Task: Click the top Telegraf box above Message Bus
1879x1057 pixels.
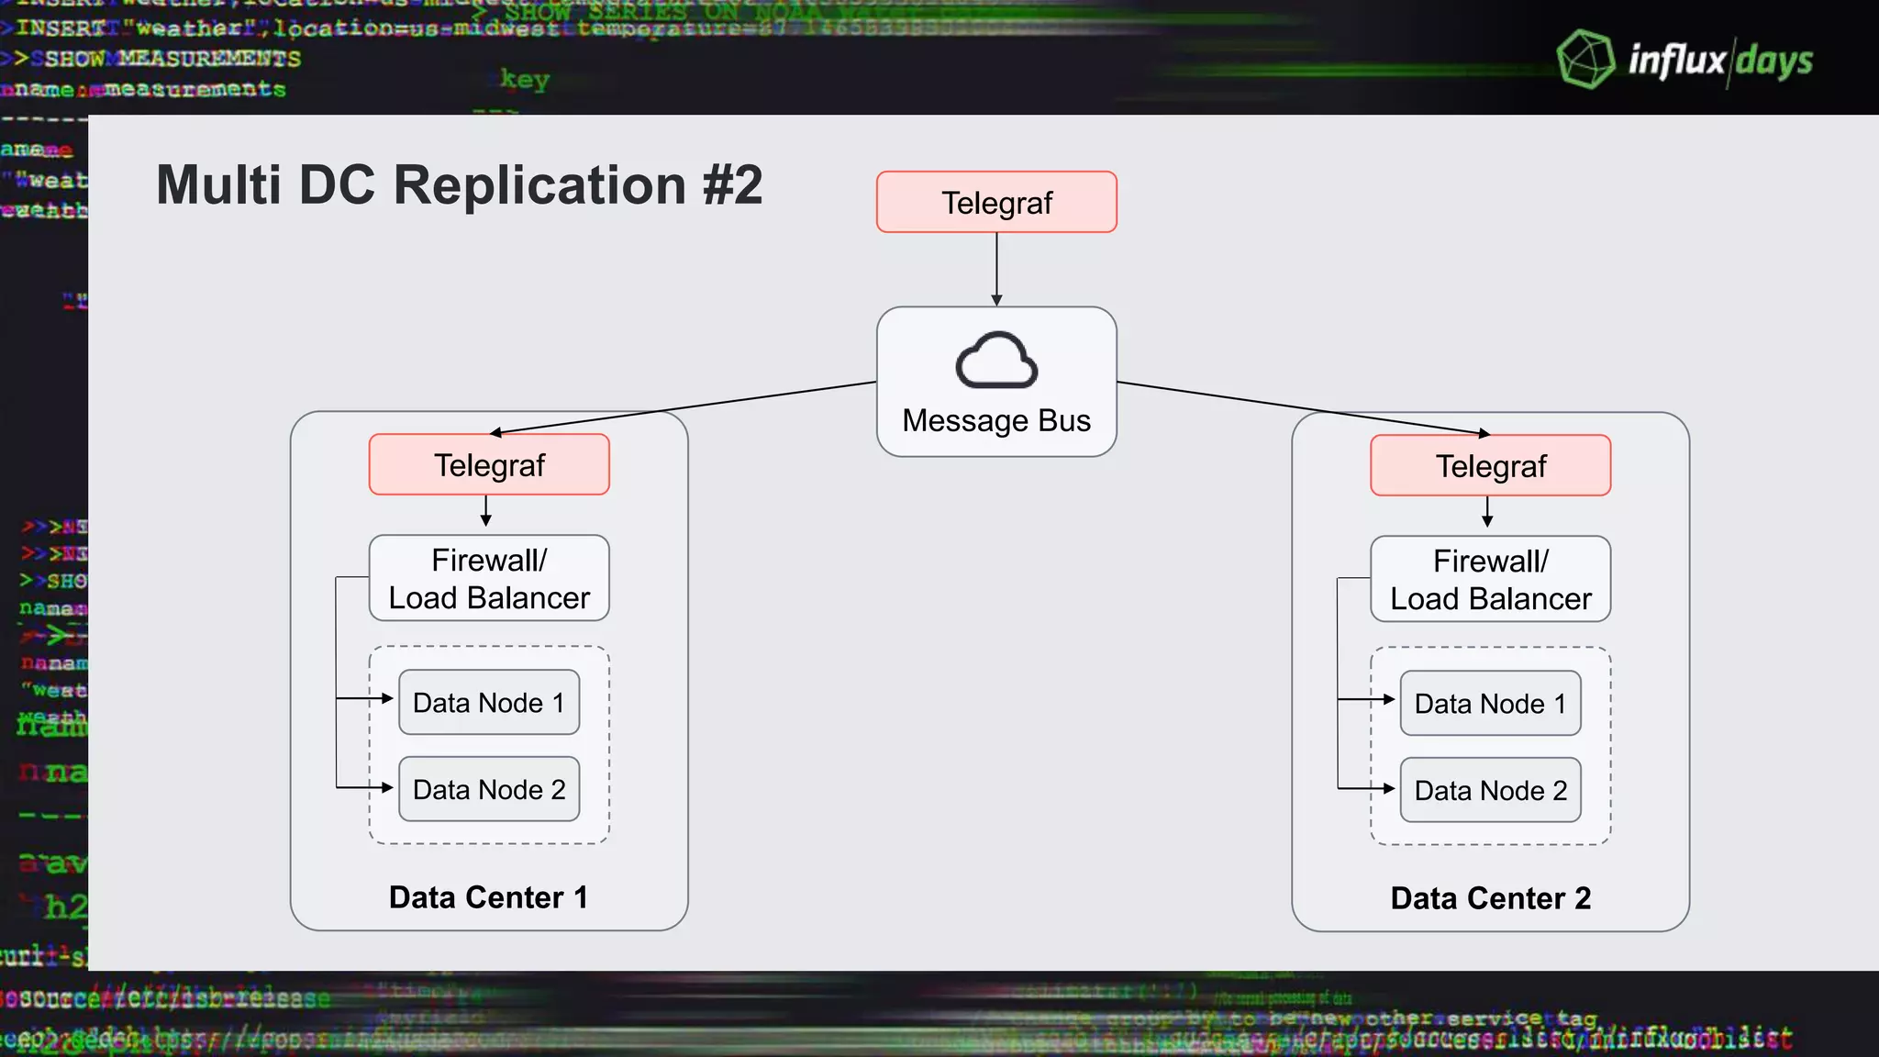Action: [996, 202]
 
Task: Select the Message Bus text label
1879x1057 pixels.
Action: [996, 420]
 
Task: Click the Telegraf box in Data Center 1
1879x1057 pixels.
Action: [489, 465]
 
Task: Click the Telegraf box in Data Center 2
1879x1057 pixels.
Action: [1490, 466]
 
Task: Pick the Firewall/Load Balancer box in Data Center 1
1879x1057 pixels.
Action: [489, 579]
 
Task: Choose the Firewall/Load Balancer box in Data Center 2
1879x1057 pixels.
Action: [1490, 580]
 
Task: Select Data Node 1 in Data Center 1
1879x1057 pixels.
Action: [489, 703]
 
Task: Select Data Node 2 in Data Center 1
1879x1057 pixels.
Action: [489, 789]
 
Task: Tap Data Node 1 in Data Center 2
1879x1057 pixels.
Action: [1490, 704]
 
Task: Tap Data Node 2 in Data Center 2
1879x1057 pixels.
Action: [1490, 790]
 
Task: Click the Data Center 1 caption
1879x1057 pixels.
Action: [489, 897]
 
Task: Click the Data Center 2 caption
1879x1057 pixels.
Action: [1490, 898]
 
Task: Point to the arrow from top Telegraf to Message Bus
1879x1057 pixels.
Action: [996, 268]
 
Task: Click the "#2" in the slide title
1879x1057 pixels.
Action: [732, 185]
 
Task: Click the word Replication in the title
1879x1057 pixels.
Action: [539, 185]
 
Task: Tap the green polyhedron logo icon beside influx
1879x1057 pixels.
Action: [1585, 60]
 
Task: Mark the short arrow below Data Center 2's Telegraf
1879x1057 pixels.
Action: [1487, 512]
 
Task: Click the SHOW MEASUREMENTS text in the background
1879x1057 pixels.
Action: [172, 59]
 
